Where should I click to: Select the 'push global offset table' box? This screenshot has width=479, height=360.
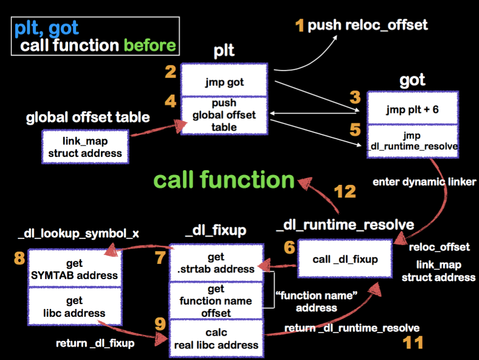point(224,115)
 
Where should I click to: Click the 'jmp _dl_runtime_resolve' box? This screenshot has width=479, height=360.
point(412,140)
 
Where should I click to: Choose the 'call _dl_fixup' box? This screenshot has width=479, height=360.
point(345,259)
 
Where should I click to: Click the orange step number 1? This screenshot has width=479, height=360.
point(299,26)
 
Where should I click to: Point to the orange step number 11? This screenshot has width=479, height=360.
point(413,342)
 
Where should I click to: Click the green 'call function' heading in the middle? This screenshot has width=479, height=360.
point(224,181)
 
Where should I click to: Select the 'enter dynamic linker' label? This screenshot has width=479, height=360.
point(424,181)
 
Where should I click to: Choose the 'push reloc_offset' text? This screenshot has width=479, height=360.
point(368,25)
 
